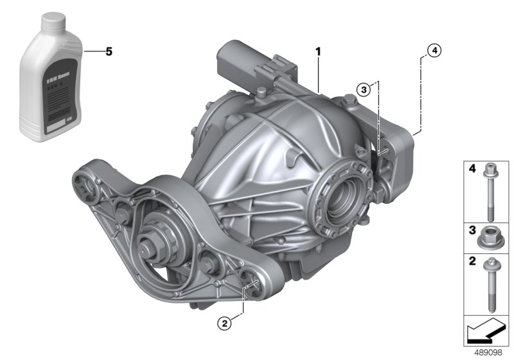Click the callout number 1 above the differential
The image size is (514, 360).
pyautogui.click(x=317, y=50)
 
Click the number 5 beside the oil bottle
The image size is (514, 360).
pyautogui.click(x=108, y=51)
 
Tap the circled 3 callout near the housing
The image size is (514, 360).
pyautogui.click(x=364, y=91)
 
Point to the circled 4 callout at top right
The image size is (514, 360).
pyautogui.click(x=434, y=51)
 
